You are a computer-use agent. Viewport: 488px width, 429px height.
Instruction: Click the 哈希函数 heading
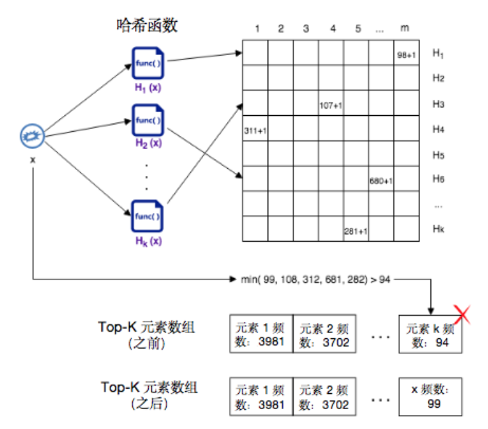(x=147, y=26)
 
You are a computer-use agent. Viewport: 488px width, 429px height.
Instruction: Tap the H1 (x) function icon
(x=147, y=64)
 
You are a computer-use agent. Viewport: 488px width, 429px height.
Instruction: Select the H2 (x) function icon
(x=147, y=120)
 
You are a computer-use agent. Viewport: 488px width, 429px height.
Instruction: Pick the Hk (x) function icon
(x=147, y=216)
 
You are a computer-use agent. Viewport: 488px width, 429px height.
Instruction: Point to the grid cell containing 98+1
(x=407, y=54)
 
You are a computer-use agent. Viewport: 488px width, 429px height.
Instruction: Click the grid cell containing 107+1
(x=331, y=105)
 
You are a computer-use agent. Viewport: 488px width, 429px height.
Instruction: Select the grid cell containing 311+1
(x=255, y=130)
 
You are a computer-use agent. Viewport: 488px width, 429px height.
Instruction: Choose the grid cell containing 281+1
(x=356, y=230)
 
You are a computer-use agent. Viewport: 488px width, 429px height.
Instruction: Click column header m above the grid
(x=405, y=28)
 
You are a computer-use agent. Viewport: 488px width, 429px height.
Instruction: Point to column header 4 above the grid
(x=333, y=28)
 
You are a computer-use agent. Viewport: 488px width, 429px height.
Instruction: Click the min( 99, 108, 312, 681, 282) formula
(x=315, y=279)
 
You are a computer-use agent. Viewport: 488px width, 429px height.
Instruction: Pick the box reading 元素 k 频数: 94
(x=430, y=336)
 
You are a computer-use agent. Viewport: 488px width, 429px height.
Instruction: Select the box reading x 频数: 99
(x=430, y=397)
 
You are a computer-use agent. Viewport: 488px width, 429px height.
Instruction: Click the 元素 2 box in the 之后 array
(x=324, y=397)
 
